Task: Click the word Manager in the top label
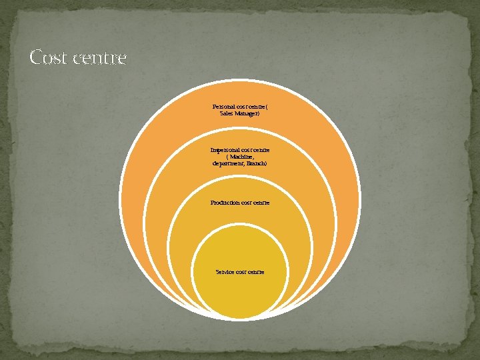coord(247,114)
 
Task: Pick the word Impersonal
coord(225,151)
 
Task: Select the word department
coord(227,163)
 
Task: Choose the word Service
coord(225,272)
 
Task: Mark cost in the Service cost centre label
coord(243,272)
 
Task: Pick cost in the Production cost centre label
coord(246,203)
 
